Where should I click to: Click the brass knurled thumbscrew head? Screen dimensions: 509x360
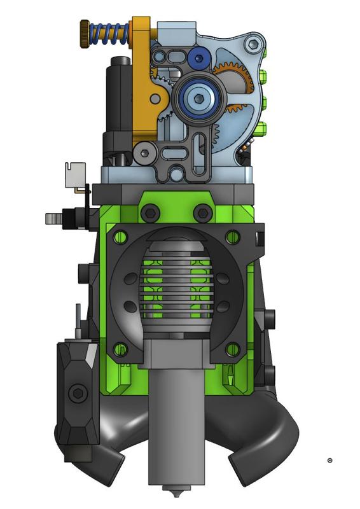[x=85, y=29]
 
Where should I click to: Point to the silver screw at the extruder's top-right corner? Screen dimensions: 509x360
[x=253, y=44]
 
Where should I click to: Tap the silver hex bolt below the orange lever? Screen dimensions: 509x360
[x=145, y=153]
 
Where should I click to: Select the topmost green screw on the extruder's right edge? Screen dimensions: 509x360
[x=263, y=80]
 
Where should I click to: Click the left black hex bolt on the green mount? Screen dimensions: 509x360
[x=151, y=213]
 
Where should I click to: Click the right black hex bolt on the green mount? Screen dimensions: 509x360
[x=202, y=213]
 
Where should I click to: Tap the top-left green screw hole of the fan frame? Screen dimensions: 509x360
[x=118, y=237]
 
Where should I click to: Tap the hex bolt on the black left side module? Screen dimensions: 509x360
[x=78, y=393]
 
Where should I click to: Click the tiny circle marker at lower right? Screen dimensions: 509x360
[x=329, y=460]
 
